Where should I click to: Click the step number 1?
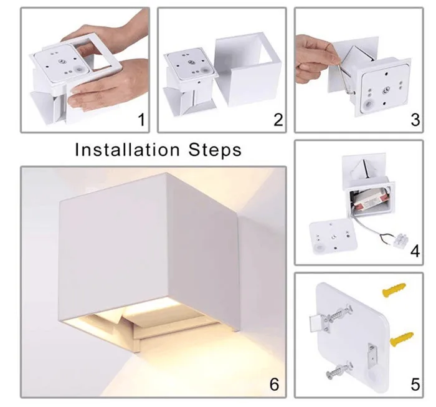point(141,120)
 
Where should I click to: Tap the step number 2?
point(278,120)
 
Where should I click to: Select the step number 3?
point(415,120)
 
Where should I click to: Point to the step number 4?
point(415,251)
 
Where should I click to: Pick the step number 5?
point(415,385)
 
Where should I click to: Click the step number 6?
point(274,385)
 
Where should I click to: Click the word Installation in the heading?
point(127,150)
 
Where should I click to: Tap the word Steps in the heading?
point(215,150)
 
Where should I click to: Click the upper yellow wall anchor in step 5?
point(394,290)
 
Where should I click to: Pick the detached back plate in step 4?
point(333,237)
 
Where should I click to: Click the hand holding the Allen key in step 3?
point(316,60)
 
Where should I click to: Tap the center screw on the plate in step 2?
point(191,62)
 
